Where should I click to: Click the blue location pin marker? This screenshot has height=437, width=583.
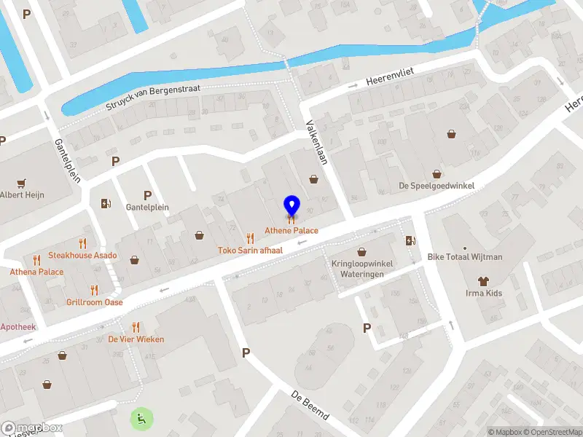coord(291,205)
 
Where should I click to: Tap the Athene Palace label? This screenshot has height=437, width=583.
coord(291,231)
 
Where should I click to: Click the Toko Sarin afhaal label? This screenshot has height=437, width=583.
coord(250,250)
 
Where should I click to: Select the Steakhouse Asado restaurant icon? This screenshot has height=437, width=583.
coord(82,243)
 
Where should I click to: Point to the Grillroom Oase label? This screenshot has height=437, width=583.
coord(94,302)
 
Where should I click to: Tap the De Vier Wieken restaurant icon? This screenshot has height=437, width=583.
coord(136,327)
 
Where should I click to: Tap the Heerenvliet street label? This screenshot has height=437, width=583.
coord(389,75)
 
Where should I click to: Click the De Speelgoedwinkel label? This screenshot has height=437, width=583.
coord(436,186)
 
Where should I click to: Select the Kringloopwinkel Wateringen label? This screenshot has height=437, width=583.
coord(362,269)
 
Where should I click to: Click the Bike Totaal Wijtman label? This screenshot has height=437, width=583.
coord(465,257)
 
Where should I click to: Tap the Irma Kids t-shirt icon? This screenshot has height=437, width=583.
coord(483,280)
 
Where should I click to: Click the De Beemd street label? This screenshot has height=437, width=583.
coord(310,406)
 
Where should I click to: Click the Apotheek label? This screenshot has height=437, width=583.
coord(18,327)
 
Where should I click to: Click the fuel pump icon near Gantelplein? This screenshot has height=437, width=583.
coord(106,203)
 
